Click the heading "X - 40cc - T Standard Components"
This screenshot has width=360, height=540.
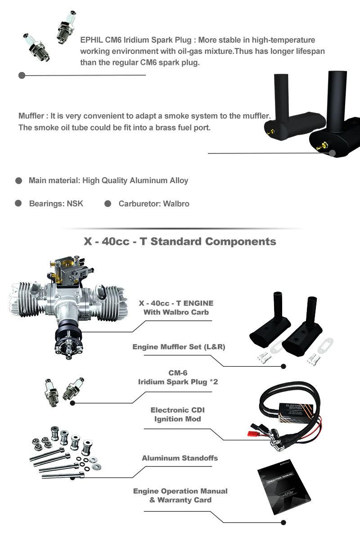pos(180,241)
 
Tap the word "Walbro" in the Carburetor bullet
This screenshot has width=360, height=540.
pos(176,204)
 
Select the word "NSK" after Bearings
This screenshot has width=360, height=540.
pos(75,203)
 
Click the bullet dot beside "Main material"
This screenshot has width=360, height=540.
pos(18,180)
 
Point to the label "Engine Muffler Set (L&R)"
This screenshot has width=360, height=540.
pos(179,347)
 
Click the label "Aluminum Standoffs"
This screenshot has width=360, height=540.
pos(180,458)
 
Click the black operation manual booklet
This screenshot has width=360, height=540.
pos(284,487)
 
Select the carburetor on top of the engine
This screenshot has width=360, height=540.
pos(69,271)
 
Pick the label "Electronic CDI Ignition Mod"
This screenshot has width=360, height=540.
pos(177,414)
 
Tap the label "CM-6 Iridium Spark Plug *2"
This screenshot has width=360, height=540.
pos(178,377)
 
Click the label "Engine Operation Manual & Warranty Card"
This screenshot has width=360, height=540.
pos(180,495)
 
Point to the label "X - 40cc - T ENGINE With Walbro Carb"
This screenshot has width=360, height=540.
pos(176,308)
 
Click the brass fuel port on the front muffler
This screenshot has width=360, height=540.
pos(322,145)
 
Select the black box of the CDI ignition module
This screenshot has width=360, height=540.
pos(295,412)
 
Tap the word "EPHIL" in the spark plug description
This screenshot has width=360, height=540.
pos(91,40)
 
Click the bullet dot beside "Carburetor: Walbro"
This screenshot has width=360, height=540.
pos(108,204)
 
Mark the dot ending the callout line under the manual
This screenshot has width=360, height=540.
pos(283,522)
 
